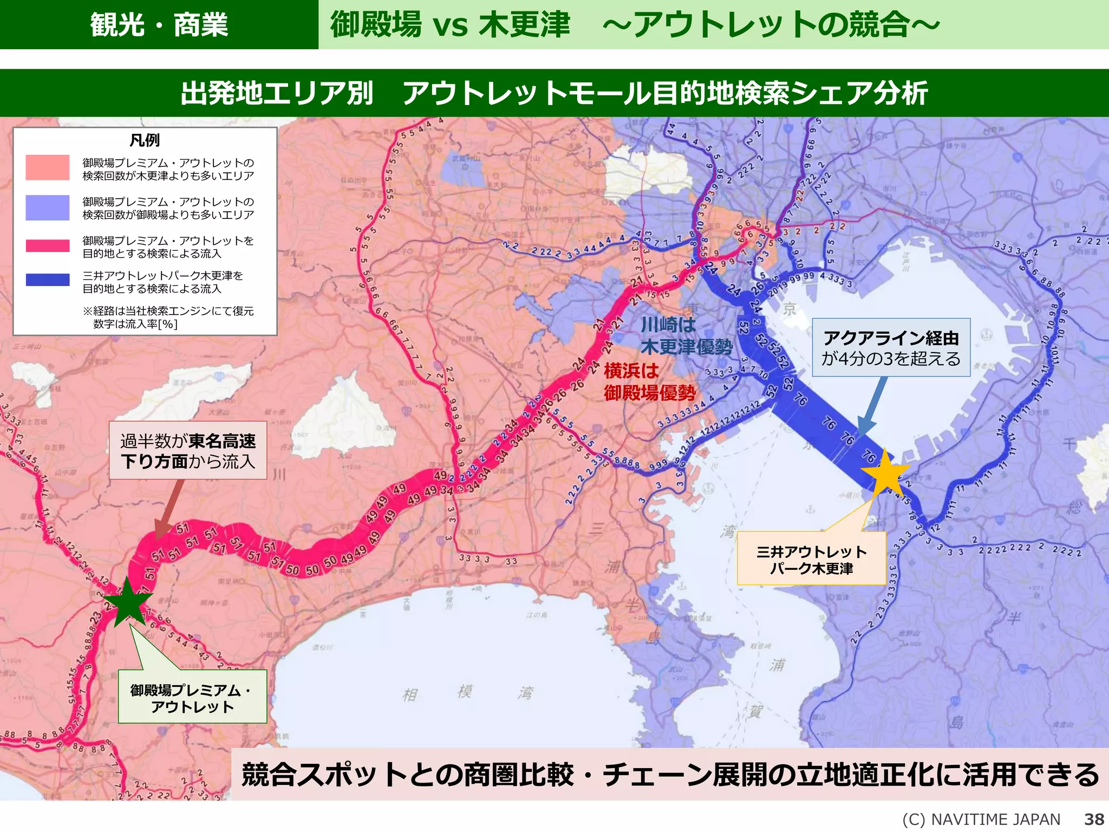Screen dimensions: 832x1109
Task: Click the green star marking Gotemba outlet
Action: click(x=128, y=603)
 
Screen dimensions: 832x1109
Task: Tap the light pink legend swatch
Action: click(x=48, y=167)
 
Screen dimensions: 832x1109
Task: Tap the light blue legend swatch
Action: click(x=48, y=207)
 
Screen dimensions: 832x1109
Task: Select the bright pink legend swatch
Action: click(x=48, y=246)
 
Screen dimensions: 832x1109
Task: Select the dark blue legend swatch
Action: click(x=48, y=280)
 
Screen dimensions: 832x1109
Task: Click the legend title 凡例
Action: click(x=145, y=140)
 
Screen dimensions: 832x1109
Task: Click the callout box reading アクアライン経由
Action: click(x=891, y=348)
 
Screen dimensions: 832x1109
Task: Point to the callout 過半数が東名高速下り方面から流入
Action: click(x=188, y=451)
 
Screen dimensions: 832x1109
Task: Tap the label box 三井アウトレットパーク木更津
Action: click(x=811, y=559)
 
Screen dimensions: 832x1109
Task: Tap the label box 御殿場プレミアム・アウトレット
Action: click(x=192, y=697)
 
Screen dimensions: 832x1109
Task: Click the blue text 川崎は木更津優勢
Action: click(x=686, y=336)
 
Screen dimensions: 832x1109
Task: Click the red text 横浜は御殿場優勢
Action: click(x=649, y=382)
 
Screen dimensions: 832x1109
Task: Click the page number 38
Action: click(x=1094, y=819)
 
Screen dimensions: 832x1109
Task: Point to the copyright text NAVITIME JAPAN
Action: click(x=981, y=819)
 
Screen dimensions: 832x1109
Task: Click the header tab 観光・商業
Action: click(x=159, y=25)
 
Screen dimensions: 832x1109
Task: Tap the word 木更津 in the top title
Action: click(x=524, y=25)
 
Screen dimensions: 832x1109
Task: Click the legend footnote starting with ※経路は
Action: click(x=168, y=317)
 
